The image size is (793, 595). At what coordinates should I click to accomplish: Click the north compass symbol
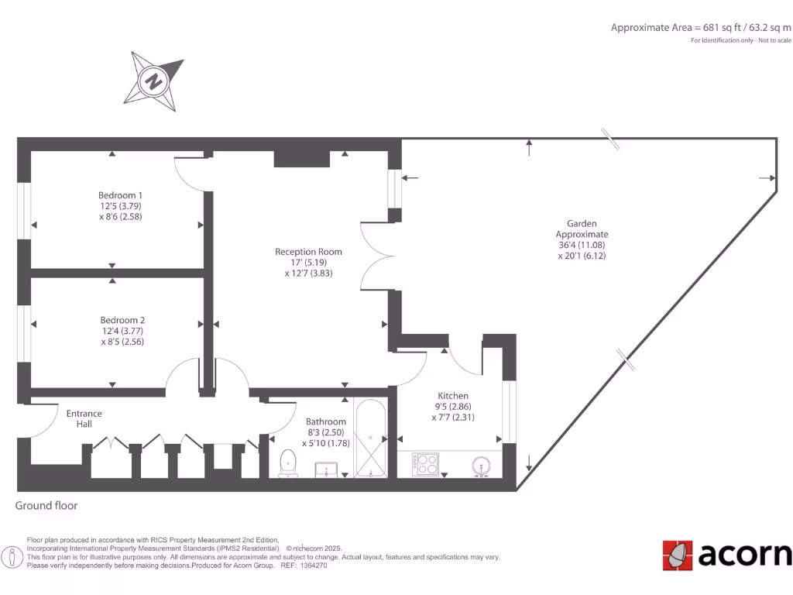tap(156, 80)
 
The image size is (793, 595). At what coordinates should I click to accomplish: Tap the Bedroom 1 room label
tap(120, 205)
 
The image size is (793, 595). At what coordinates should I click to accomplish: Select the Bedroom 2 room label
tap(122, 330)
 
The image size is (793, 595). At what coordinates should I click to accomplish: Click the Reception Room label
tap(308, 262)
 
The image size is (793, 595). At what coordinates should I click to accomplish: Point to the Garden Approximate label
tap(582, 239)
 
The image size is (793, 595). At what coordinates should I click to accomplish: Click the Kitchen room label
tap(452, 406)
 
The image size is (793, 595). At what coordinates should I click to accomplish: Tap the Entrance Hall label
tap(84, 418)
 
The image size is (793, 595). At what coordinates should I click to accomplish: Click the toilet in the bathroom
tap(288, 463)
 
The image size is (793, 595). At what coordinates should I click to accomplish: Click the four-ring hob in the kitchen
tap(426, 464)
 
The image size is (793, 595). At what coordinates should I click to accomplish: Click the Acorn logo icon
tap(677, 555)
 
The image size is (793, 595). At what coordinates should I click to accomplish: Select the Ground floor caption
tap(46, 506)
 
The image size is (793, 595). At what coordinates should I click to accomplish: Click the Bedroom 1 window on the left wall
tap(24, 210)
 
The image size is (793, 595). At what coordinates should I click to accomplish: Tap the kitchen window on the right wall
tap(509, 411)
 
